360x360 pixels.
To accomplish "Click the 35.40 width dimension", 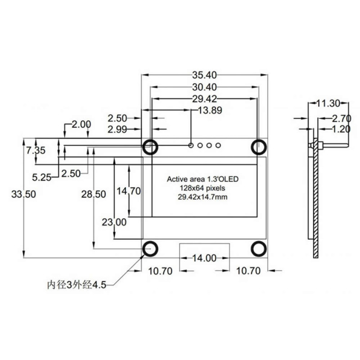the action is coord(204,75).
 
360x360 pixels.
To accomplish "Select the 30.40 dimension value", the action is coord(204,87).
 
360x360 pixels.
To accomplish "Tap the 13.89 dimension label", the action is coord(210,110).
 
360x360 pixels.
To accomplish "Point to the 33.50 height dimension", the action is coord(24,194).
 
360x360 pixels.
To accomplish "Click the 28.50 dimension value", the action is coord(94,194).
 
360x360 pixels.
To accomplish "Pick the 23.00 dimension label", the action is coord(114,222).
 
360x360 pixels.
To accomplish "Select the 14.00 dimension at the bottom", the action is coord(204,258).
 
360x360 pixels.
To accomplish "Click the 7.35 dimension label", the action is coord(36,151).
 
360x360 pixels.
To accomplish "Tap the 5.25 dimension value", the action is coord(41,177).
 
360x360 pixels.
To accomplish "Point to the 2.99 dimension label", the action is coord(117,130).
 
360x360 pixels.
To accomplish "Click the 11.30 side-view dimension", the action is coord(328,103).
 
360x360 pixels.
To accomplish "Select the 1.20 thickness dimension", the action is coord(341,129).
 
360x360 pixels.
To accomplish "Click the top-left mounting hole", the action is coord(150,147).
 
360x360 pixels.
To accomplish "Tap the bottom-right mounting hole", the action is coord(259,249).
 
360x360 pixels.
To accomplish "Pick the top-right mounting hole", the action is coord(259,147).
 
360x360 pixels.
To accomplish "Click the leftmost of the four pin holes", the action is coord(191,145).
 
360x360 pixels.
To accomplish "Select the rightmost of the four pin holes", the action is coord(218,145).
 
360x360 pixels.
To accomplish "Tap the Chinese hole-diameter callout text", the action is coord(76,285).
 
